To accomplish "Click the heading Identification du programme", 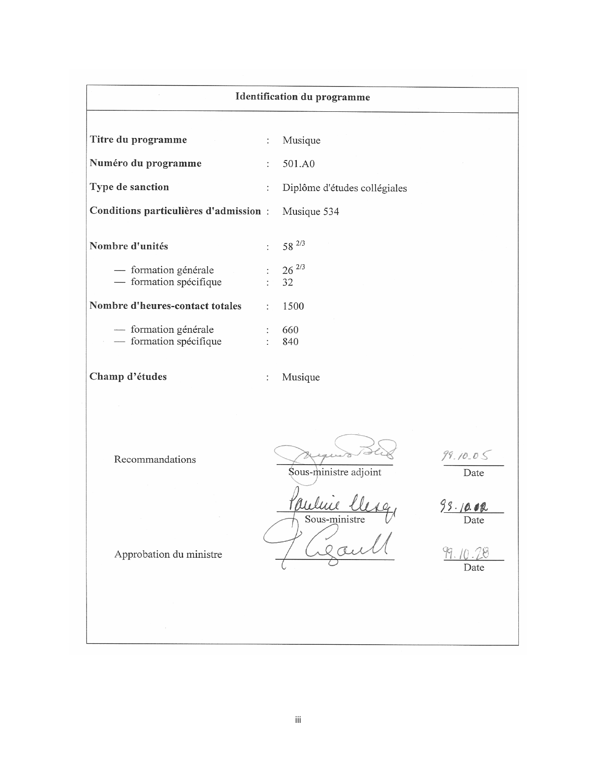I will [302, 97].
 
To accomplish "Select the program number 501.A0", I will [298, 164].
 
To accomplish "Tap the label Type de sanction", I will [129, 187].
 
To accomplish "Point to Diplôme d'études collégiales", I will [345, 188].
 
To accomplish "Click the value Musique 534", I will [310, 211].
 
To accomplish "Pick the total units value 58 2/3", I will [293, 246].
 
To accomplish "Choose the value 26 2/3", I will [293, 270].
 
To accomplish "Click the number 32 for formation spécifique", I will [287, 282].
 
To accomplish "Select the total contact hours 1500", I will [293, 306].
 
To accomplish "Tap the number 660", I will [290, 330].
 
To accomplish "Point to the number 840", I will [290, 342].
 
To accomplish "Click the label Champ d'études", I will [128, 377].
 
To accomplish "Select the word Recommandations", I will [155, 459].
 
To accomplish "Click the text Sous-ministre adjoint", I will [335, 472].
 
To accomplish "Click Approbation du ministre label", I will [168, 554].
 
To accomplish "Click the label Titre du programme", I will [138, 140].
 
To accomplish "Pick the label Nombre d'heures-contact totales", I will [165, 306].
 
